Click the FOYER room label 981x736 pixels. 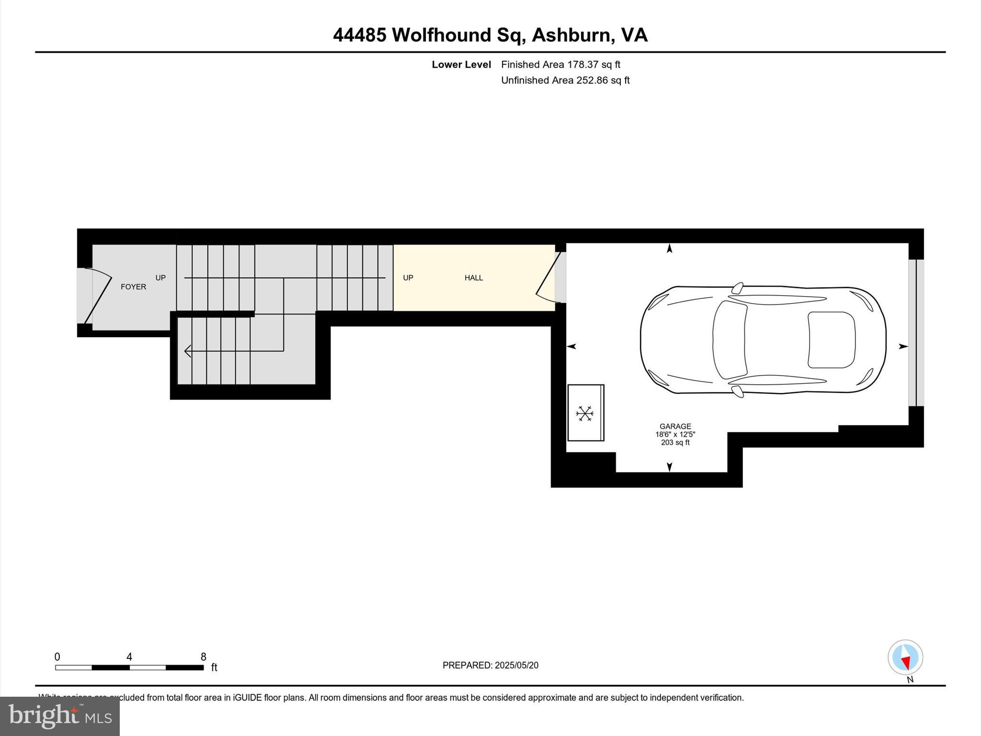tap(133, 287)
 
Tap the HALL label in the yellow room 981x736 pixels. tap(473, 278)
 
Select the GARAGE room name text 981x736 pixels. tap(675, 426)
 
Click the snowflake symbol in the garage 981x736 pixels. tap(585, 413)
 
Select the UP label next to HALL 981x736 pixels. tap(408, 278)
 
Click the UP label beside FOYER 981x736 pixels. tap(160, 278)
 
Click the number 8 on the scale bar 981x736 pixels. tap(204, 657)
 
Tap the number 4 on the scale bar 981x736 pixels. tap(129, 657)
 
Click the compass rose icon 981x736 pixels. tap(905, 657)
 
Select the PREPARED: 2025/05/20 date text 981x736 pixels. tap(490, 665)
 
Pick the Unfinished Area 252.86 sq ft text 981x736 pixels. tap(565, 80)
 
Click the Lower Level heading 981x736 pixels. tap(461, 65)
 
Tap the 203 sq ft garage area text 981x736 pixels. tap(675, 443)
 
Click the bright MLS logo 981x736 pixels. tap(60, 716)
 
